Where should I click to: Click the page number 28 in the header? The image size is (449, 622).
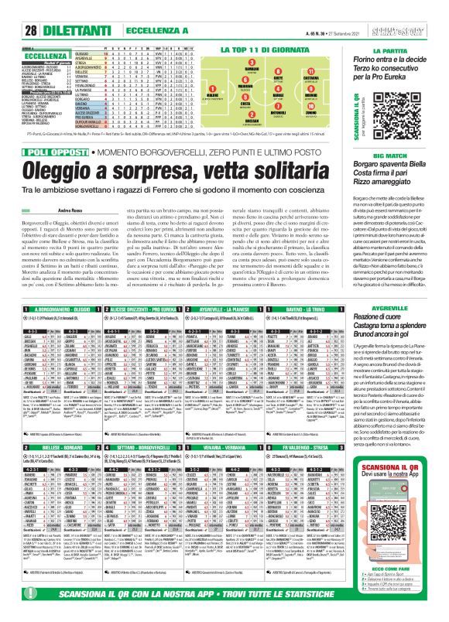(x=12, y=8)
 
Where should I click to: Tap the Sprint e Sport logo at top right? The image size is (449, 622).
(x=420, y=8)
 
